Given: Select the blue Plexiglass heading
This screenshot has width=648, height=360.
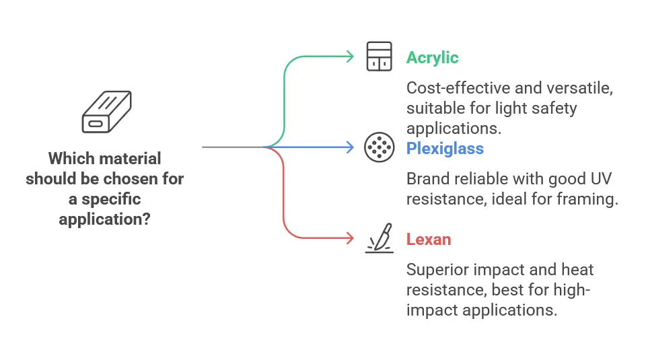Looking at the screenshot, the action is click(x=445, y=149).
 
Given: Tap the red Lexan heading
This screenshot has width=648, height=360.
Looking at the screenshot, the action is click(x=429, y=240).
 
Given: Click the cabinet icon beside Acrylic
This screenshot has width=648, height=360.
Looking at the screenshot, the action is click(x=379, y=57).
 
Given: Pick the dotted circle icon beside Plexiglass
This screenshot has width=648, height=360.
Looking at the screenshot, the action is click(x=379, y=147).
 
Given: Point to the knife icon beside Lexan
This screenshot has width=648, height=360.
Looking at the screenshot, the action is click(x=380, y=238).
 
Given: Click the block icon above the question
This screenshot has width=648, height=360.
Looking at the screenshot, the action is click(x=106, y=112).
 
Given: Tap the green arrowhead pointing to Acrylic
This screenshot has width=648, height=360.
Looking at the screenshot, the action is click(x=351, y=57).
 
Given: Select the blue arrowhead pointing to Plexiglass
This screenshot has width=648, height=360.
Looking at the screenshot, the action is click(x=351, y=147).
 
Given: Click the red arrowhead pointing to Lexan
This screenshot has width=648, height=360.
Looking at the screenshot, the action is click(x=351, y=238).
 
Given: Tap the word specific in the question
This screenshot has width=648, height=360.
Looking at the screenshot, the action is click(x=111, y=199).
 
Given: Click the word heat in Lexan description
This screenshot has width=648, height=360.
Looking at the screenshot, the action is click(x=577, y=270).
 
